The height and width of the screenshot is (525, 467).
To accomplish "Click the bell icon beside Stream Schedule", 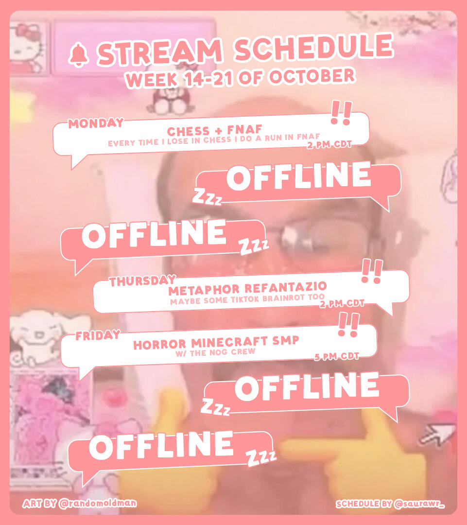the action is click(79, 55).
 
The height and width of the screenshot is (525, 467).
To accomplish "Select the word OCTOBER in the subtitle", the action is click(312, 76).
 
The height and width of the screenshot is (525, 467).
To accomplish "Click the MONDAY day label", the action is click(96, 123).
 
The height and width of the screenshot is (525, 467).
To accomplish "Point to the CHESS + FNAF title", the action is click(215, 130).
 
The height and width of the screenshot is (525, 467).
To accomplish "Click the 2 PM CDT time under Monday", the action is click(329, 145).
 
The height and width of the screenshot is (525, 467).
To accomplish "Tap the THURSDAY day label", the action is click(143, 281).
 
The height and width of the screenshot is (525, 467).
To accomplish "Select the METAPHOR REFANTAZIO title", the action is click(248, 288).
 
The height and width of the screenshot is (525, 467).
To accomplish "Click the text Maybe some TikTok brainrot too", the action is click(247, 299).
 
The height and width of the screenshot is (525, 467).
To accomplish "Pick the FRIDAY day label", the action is click(98, 335).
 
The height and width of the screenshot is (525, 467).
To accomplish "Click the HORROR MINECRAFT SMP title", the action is click(216, 343).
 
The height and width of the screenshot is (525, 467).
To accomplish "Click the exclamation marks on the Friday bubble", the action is click(348, 324).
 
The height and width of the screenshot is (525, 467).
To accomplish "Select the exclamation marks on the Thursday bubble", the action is click(372, 271).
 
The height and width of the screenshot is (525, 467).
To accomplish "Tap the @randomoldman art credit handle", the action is click(98, 503).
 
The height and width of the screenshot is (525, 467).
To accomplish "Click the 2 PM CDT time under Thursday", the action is click(342, 304).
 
